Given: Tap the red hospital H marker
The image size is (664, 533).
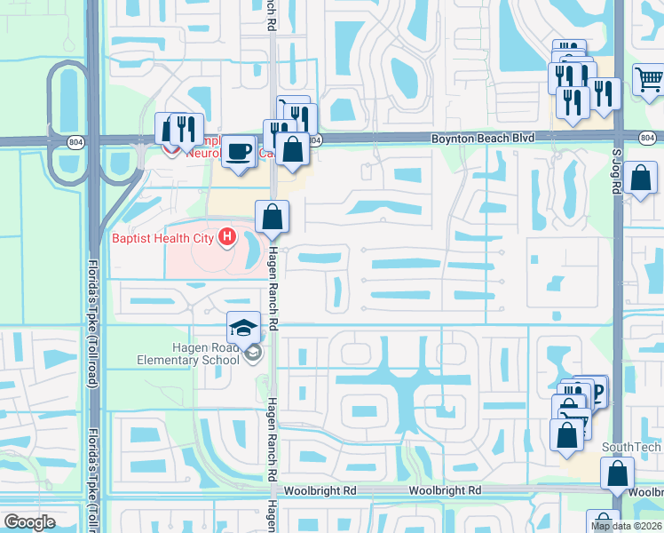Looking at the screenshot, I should click(227, 237).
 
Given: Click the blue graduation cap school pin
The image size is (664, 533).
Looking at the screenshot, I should click(243, 329).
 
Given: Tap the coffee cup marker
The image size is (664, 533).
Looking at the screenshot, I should click(238, 151).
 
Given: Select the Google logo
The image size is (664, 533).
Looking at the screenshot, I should click(29, 522).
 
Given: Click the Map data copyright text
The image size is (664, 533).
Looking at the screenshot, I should click(627, 526).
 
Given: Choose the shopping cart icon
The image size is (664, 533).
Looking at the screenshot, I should click(649, 81).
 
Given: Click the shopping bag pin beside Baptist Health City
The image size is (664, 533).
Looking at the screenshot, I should click(273, 216).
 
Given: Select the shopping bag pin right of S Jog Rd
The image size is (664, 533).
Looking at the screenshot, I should click(639, 178).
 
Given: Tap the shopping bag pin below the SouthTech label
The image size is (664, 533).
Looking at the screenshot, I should click(616, 474).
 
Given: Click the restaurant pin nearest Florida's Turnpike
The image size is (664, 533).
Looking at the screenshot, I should click(186, 129).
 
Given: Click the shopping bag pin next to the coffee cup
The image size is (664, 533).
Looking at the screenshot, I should click(292, 149).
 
